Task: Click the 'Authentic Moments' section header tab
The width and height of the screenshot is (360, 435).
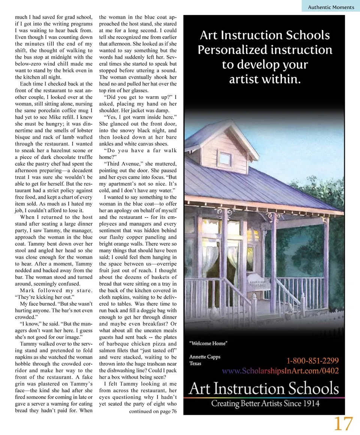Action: [x=331, y=7]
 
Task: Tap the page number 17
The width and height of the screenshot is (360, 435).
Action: [x=343, y=423]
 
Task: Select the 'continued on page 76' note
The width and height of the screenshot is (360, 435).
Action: [x=153, y=411]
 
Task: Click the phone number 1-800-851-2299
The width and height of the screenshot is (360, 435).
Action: [x=312, y=361]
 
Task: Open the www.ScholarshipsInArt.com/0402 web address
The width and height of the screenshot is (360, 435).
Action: [x=280, y=371]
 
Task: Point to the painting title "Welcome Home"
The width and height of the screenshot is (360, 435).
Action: [x=208, y=343]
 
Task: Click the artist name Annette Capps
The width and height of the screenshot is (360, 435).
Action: [x=205, y=357]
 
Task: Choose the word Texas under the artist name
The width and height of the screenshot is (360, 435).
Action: [x=195, y=363]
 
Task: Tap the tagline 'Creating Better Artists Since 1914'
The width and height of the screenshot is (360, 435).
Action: [x=265, y=403]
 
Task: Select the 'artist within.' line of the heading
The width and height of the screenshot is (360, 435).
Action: [x=265, y=79]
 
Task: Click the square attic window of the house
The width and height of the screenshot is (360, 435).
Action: [x=224, y=159]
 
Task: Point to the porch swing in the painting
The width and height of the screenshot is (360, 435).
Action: [x=259, y=280]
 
